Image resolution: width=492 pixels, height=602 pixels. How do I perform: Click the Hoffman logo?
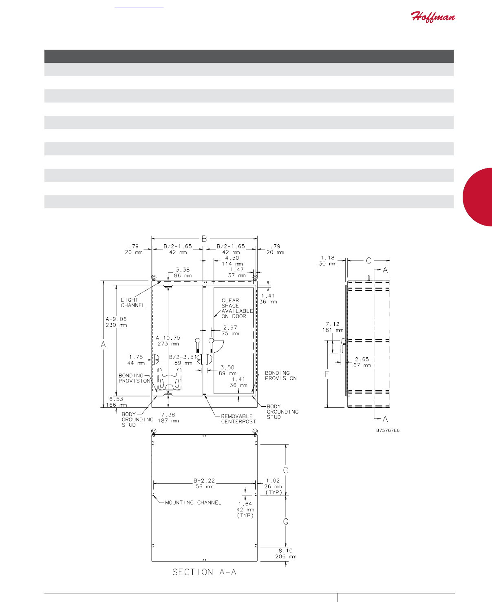(432, 17)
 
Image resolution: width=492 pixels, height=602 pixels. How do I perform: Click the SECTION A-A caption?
(204, 572)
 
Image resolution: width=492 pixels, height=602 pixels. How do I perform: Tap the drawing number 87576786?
(388, 430)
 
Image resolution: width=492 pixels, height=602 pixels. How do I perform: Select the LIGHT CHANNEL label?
(132, 303)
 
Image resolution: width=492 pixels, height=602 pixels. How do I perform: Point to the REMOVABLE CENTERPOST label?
(238, 419)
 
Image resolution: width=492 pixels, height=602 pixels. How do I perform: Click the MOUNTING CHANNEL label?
(193, 502)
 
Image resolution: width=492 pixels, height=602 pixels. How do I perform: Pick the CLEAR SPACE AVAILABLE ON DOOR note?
(237, 308)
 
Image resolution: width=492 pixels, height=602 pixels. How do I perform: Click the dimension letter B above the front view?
(204, 239)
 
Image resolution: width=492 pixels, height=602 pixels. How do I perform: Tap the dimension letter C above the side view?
(368, 261)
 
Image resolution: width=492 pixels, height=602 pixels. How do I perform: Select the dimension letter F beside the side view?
(327, 374)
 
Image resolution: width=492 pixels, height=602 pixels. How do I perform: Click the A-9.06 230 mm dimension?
(116, 322)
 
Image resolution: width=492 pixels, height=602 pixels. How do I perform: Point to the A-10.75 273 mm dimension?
(168, 341)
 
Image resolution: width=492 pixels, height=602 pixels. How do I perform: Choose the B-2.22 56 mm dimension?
(204, 483)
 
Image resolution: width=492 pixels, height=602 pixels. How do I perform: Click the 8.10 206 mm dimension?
(286, 553)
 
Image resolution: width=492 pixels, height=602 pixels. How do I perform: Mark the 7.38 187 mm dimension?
(168, 418)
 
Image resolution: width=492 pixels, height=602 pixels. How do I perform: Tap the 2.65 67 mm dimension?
(362, 362)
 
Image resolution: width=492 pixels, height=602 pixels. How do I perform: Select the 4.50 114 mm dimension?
(232, 261)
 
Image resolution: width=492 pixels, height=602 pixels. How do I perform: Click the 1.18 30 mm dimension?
(327, 261)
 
